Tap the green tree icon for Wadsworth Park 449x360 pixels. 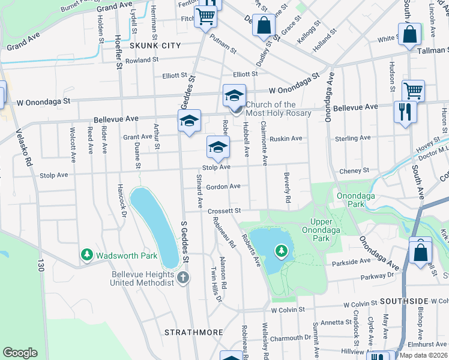(86, 256)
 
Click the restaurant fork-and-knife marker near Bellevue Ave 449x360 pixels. (405, 112)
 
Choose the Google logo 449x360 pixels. (20, 352)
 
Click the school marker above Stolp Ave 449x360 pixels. (218, 147)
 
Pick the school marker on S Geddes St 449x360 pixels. (189, 122)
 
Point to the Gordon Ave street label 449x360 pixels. (223, 187)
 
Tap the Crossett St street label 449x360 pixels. (224, 211)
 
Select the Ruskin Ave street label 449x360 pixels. (286, 139)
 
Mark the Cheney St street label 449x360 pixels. (354, 171)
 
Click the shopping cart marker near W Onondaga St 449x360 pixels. (413, 91)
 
